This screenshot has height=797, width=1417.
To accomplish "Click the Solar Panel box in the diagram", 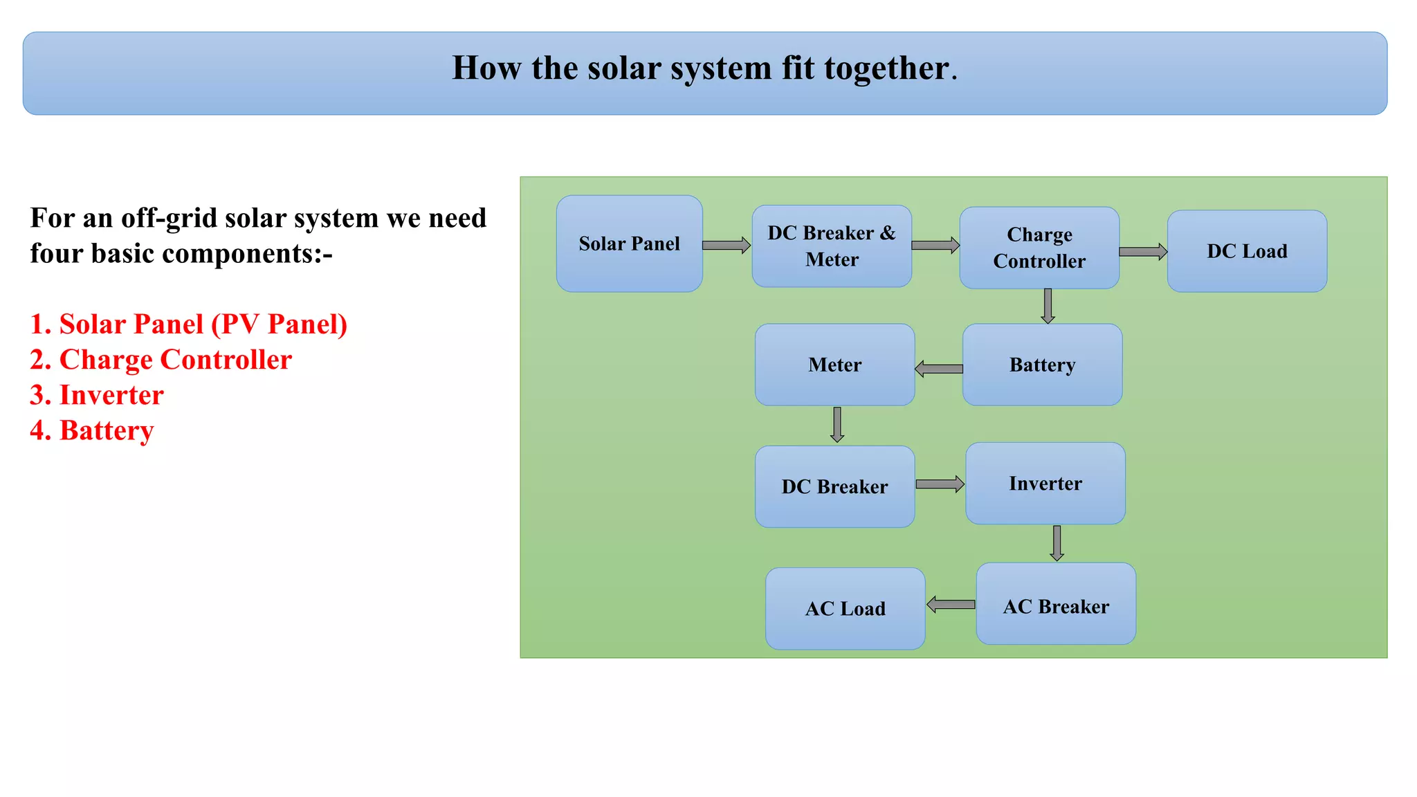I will click(x=629, y=244).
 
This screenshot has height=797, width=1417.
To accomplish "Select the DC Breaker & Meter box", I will click(x=832, y=246).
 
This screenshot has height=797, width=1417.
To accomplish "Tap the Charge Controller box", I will click(x=1039, y=248).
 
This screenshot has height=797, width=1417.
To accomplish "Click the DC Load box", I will click(x=1247, y=251).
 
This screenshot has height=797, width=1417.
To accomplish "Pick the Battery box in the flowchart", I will click(x=1042, y=365).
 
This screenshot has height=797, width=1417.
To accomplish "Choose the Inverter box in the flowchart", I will click(x=1045, y=484).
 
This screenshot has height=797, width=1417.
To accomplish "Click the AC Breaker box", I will click(x=1056, y=604).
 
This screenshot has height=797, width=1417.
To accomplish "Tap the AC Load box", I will click(x=845, y=609).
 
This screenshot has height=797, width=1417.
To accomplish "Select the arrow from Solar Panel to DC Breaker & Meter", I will click(x=726, y=245).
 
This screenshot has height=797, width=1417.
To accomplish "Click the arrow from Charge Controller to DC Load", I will click(x=1142, y=252).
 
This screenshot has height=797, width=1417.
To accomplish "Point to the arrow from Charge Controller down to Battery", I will click(x=1048, y=305).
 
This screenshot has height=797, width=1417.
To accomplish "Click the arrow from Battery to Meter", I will click(x=939, y=369).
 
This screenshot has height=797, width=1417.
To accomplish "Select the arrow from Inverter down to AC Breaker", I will click(x=1057, y=543).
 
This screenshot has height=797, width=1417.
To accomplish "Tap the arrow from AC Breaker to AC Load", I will click(x=951, y=605).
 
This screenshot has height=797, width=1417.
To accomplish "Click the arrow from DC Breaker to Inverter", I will click(x=940, y=484).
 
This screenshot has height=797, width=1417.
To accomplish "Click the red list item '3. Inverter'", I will click(x=97, y=395).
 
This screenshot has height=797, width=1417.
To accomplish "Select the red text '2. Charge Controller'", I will click(x=161, y=360).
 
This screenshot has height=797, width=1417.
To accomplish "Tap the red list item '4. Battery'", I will click(x=91, y=430).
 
